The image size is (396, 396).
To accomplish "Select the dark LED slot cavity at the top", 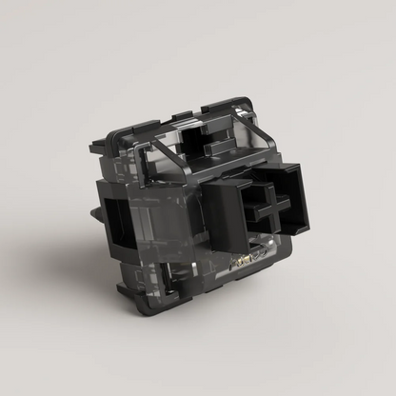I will [203, 143].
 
